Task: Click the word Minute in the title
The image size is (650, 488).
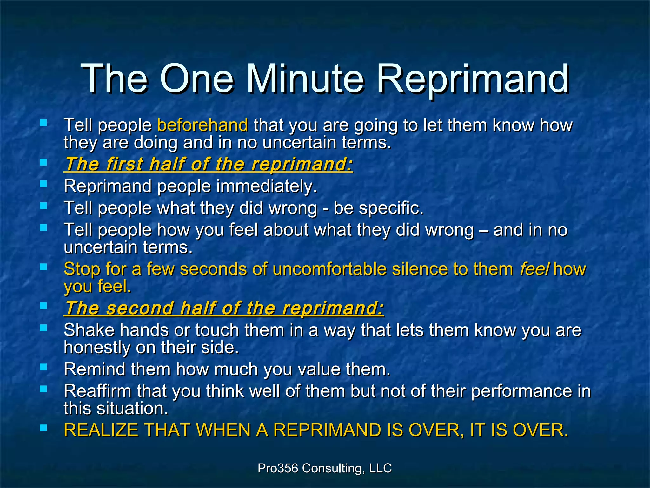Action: [x=305, y=79]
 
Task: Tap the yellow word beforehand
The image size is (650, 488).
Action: [x=202, y=125]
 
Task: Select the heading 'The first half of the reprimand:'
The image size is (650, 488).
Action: [x=209, y=165]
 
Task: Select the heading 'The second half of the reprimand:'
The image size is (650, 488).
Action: [x=224, y=308]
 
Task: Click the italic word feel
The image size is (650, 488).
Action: [x=534, y=269]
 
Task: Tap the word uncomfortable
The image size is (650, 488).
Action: [x=329, y=269]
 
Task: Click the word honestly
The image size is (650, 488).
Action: [x=97, y=348]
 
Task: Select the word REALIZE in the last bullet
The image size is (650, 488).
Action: [x=101, y=430]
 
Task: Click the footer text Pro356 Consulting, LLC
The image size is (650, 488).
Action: [x=325, y=468]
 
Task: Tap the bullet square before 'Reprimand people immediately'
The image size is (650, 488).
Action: [x=43, y=184]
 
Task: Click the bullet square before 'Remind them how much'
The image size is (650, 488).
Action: [x=43, y=367]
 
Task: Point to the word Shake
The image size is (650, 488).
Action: [x=89, y=330]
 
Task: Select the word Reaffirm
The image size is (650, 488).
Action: [x=97, y=391]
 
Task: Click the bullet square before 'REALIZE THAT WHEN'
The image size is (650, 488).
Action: [x=43, y=428]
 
